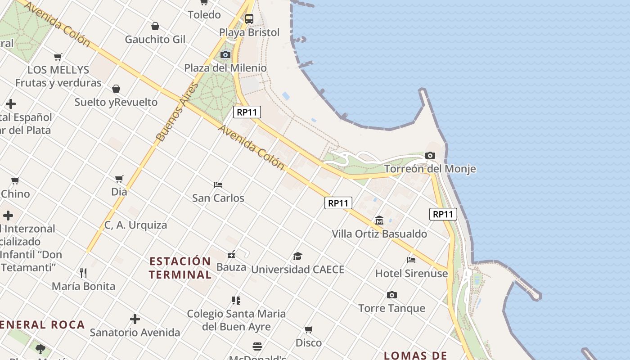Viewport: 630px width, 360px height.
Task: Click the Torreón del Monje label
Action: click(430, 169)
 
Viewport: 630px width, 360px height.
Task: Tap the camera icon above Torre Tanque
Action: click(392, 295)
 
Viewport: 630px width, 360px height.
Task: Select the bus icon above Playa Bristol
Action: click(249, 19)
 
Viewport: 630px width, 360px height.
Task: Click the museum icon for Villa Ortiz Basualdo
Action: click(379, 220)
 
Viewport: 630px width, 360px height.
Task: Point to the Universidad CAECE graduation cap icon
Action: click(297, 256)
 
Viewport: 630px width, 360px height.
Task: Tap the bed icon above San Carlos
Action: click(218, 185)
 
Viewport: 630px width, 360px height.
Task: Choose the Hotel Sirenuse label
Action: click(411, 273)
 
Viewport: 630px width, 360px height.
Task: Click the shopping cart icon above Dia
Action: click(119, 179)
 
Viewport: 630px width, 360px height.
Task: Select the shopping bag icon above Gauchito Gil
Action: click(155, 26)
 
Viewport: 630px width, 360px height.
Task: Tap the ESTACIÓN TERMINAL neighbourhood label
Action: click(180, 268)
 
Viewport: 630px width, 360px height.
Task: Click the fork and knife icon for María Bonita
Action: click(83, 273)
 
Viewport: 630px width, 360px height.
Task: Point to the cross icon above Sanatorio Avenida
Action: click(135, 319)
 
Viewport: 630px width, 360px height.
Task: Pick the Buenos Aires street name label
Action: click(177, 112)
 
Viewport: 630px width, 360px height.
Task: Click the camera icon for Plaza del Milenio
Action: click(225, 55)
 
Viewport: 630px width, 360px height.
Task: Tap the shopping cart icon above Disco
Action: click(309, 330)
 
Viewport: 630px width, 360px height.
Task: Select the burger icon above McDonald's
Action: click(257, 346)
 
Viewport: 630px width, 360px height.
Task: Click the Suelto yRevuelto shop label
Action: click(116, 102)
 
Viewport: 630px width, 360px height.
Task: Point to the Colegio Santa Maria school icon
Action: click(236, 300)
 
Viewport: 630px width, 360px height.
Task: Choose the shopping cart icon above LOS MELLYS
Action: click(58, 57)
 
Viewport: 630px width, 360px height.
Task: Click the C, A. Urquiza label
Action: click(135, 225)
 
